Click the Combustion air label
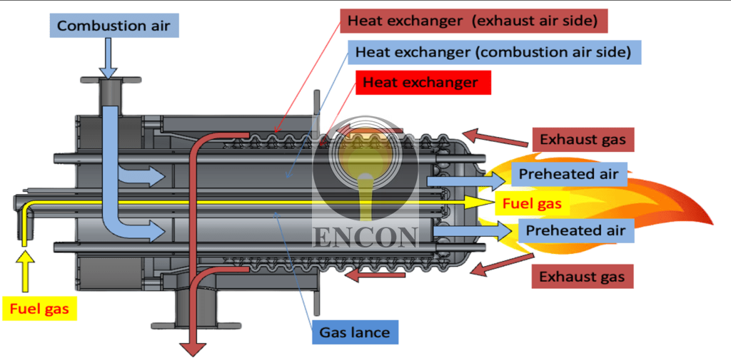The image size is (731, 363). (114, 26)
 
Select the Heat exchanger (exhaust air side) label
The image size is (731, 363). (473, 21)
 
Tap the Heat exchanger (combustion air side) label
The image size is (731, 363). (493, 51)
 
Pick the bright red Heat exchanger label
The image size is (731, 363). (420, 83)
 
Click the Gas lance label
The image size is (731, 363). (354, 332)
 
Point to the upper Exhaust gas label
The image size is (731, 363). (583, 139)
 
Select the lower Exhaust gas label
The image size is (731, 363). (582, 276)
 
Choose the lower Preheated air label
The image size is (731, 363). (575, 230)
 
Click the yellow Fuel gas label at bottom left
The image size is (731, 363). (44, 310)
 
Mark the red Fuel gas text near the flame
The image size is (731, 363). (532, 203)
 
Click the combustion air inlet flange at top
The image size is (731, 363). (109, 81)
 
